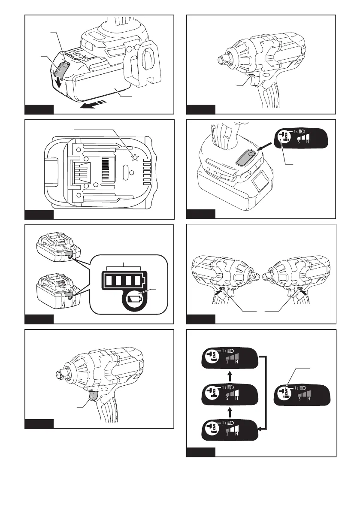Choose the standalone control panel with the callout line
point(302,394)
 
